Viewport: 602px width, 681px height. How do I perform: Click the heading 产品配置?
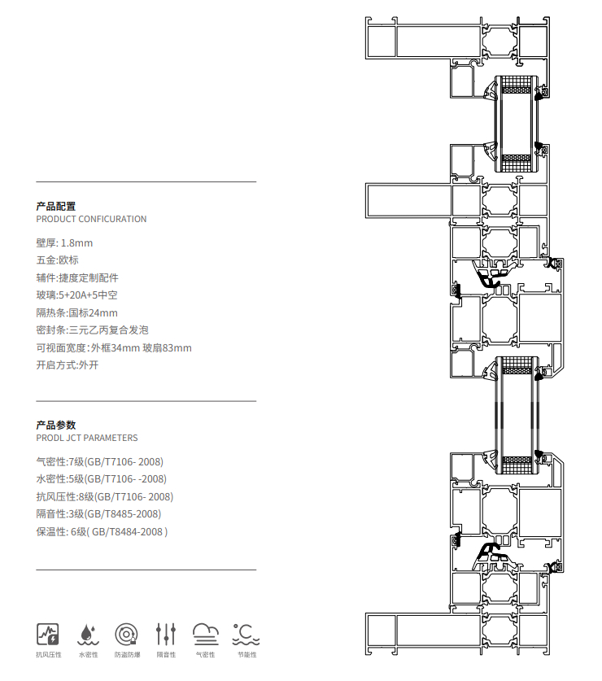[56, 207]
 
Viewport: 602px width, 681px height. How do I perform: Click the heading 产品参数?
[56, 426]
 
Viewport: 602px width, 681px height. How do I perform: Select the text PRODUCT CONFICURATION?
[91, 219]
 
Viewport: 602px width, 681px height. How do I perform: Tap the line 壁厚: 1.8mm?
[64, 242]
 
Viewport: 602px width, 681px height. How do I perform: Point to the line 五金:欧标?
[57, 260]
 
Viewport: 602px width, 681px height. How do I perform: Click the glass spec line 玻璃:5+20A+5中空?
[77, 295]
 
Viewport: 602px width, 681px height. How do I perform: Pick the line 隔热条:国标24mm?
[77, 312]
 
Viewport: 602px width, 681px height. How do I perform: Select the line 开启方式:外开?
[68, 365]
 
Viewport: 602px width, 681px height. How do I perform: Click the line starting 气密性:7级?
[100, 461]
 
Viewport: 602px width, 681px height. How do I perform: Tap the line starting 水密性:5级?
[101, 479]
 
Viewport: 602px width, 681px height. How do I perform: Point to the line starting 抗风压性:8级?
[105, 497]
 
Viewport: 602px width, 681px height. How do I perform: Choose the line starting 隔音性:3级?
[98, 514]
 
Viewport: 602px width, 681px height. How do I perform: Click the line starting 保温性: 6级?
[102, 531]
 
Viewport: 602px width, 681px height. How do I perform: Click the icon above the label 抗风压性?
[48, 635]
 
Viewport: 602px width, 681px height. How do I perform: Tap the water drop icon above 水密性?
[88, 635]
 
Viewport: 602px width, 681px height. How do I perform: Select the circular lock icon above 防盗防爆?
[127, 635]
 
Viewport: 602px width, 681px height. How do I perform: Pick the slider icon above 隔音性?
[166, 635]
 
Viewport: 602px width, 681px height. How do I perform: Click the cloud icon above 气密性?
[206, 635]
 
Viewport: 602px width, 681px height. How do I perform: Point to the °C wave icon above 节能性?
[246, 635]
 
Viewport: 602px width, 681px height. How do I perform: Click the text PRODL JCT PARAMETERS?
[87, 438]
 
